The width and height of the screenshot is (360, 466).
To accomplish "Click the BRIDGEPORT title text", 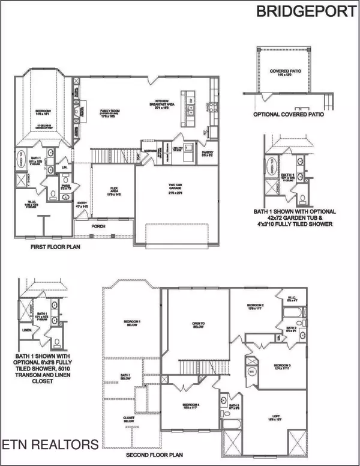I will pos(306,11).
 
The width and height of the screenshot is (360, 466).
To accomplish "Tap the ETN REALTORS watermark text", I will pos(50,445).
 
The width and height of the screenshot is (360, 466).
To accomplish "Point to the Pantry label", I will pos(208,153).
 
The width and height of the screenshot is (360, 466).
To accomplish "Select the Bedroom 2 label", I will pos(256,307).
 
